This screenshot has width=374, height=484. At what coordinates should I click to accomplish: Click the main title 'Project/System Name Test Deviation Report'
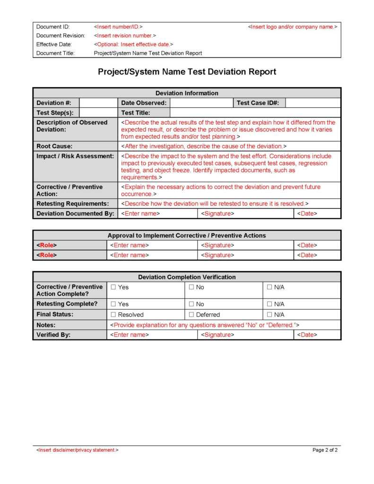point(187,72)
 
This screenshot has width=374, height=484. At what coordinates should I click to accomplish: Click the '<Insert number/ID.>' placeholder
point(118,27)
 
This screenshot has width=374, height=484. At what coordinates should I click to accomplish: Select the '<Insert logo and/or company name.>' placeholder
point(292,27)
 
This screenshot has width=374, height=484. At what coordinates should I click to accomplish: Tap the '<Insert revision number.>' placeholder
point(125,35)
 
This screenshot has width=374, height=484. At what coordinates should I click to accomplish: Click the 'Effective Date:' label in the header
point(53,44)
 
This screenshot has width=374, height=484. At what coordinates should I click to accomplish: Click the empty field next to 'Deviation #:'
point(98,103)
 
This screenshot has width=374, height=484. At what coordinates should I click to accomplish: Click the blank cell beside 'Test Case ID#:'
point(313,103)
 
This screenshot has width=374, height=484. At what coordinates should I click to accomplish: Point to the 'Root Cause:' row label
point(54,147)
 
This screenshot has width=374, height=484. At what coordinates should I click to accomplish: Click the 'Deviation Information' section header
point(187,93)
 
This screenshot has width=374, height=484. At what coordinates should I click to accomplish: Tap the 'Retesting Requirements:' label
point(72,204)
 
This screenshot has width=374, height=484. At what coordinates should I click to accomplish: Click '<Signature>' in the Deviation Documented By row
point(217,214)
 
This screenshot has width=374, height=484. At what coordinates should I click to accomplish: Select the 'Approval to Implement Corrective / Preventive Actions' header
point(187,235)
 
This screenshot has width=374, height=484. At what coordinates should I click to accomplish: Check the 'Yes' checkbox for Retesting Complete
point(113,304)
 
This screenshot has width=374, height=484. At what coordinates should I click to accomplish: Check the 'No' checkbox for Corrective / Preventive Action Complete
point(191,287)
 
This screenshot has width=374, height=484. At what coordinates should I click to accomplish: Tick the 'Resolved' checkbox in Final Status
point(113,315)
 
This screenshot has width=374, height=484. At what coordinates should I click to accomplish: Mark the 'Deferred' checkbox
point(191,315)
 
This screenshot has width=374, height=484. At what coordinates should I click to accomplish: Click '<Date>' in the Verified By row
point(307,335)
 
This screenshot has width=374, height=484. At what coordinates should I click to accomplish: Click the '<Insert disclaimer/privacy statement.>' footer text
point(78,450)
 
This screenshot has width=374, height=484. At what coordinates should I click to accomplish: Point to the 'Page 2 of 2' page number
point(325,450)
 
